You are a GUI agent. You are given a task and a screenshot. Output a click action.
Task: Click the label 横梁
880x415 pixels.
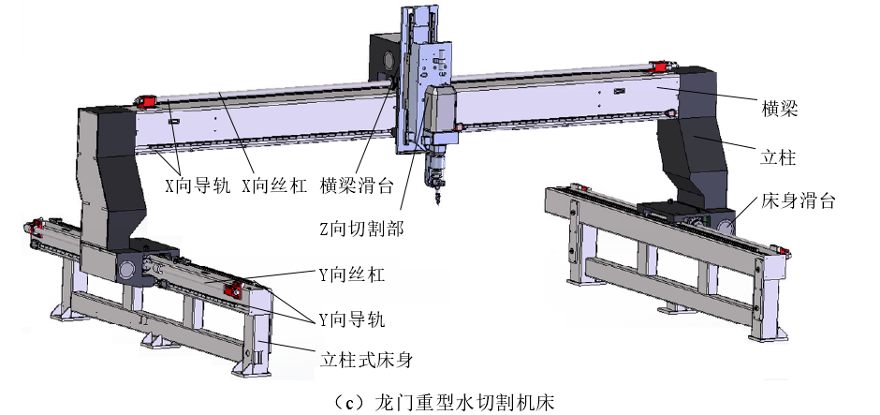click(x=779, y=109)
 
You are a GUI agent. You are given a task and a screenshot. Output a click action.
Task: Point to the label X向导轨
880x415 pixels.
click(x=195, y=185)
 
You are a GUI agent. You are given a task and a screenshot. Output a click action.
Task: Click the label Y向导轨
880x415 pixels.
click(x=350, y=319)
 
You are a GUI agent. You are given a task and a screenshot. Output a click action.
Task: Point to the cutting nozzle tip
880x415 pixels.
click(x=436, y=199)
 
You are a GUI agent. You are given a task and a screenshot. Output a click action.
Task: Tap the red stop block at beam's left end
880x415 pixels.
click(x=146, y=100)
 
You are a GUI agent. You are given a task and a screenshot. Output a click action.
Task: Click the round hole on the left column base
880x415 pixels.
click(x=125, y=271)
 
